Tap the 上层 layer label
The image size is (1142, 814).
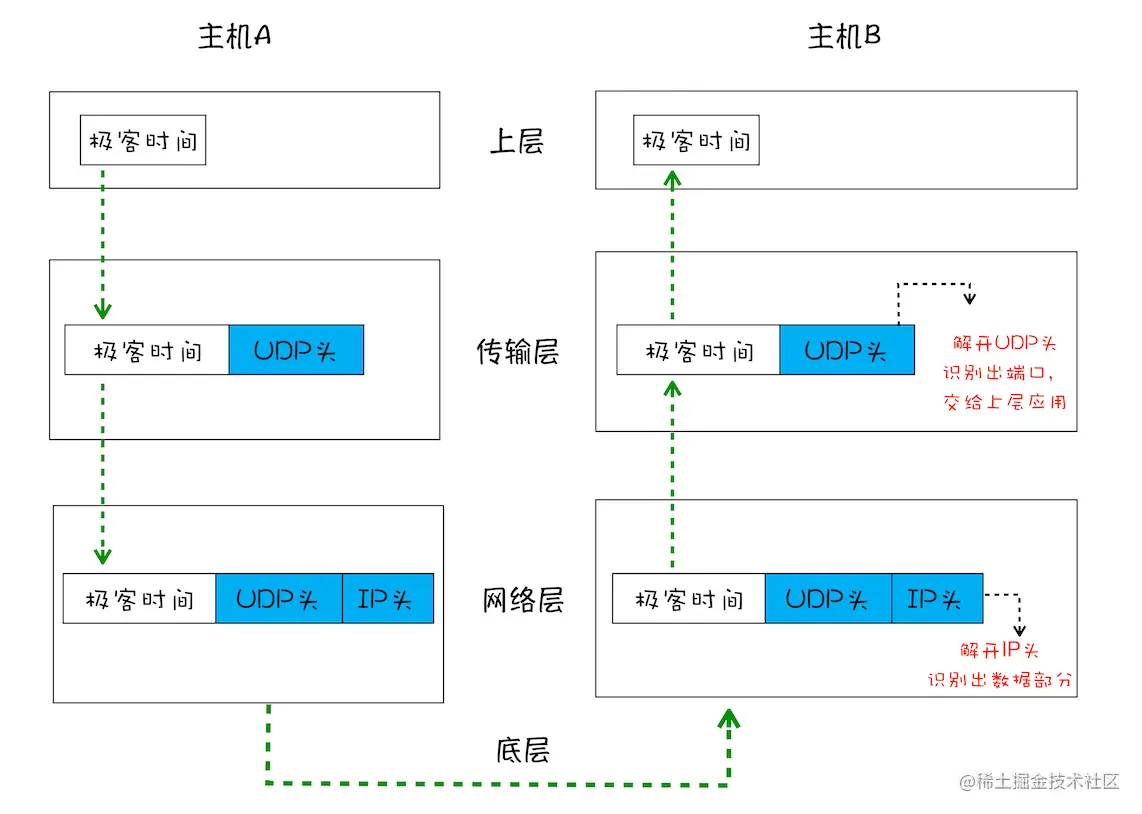click(x=516, y=141)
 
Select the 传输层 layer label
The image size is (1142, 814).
click(x=517, y=352)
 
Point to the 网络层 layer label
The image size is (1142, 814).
click(x=523, y=600)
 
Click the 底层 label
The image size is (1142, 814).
click(x=522, y=750)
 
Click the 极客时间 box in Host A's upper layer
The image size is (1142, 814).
click(x=143, y=141)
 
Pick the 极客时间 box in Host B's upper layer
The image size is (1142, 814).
click(x=696, y=141)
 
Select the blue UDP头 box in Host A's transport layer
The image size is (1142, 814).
click(x=296, y=351)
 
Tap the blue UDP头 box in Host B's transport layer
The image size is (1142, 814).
click(x=847, y=351)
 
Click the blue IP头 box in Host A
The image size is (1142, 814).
click(x=388, y=599)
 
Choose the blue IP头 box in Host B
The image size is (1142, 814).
click(x=936, y=599)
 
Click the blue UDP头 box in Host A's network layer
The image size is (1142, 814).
click(x=278, y=599)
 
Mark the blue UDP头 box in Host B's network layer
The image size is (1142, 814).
click(x=827, y=599)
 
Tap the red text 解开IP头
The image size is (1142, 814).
click(x=1000, y=650)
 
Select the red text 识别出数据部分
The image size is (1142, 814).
click(x=1000, y=680)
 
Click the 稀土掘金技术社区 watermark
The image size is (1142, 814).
click(x=1040, y=782)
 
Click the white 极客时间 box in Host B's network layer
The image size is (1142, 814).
click(x=689, y=599)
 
